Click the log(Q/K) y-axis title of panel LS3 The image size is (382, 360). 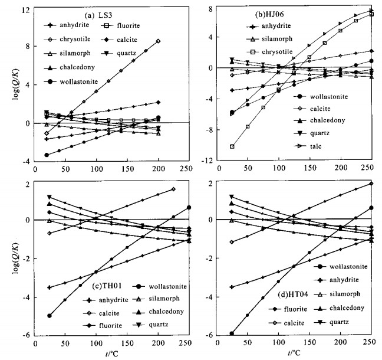[x=8, y=94]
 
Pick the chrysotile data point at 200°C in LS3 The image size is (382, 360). [x=159, y=41]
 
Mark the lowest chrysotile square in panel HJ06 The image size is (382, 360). [x=232, y=146]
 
